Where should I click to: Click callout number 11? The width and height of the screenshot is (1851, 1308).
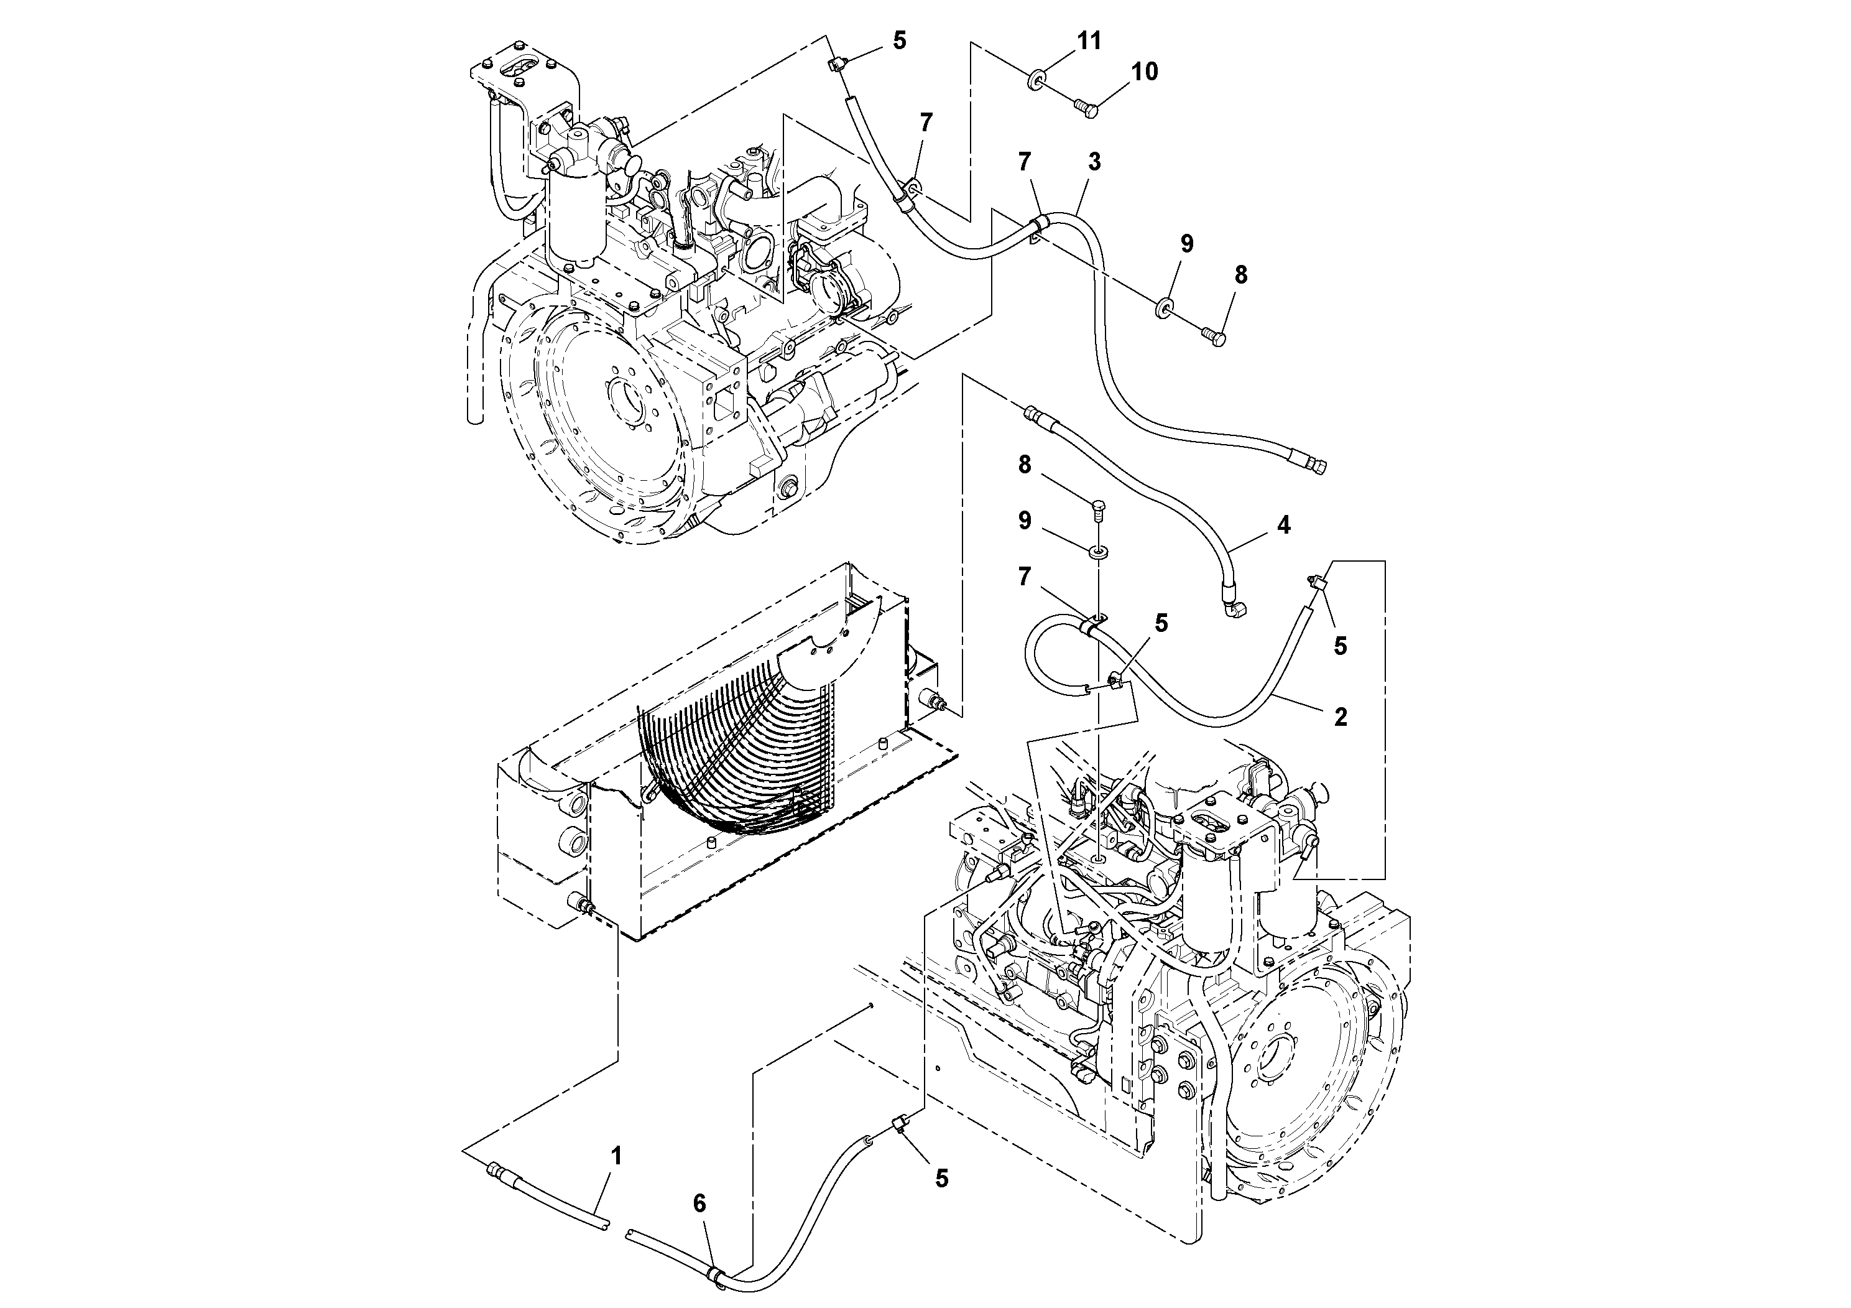pyautogui.click(x=1089, y=40)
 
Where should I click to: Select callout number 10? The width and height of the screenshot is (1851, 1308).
pyautogui.click(x=1144, y=72)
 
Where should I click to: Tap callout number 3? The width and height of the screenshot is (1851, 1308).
pyautogui.click(x=1094, y=162)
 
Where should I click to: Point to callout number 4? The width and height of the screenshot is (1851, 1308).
pyautogui.click(x=1283, y=525)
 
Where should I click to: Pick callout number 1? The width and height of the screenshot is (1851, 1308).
pyautogui.click(x=616, y=1156)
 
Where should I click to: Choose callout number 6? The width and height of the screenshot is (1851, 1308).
pyautogui.click(x=699, y=1204)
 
